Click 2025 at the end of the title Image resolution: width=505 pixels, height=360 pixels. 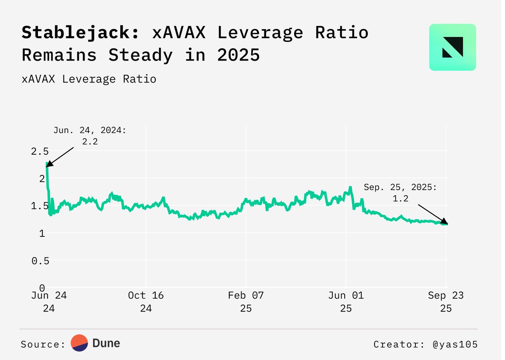tap(239, 55)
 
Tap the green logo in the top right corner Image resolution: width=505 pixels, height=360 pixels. tap(452, 47)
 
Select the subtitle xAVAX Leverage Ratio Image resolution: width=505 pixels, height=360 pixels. tap(89, 79)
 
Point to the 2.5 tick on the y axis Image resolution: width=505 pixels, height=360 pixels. tap(40, 151)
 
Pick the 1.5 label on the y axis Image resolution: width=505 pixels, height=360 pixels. tap(40, 206)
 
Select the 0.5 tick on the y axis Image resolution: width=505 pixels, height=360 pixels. tap(40, 260)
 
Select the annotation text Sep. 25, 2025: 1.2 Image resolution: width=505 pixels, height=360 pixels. tap(400, 193)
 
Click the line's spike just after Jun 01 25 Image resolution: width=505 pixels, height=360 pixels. tap(350, 188)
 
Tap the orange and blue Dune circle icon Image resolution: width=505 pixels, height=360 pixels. tap(79, 343)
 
